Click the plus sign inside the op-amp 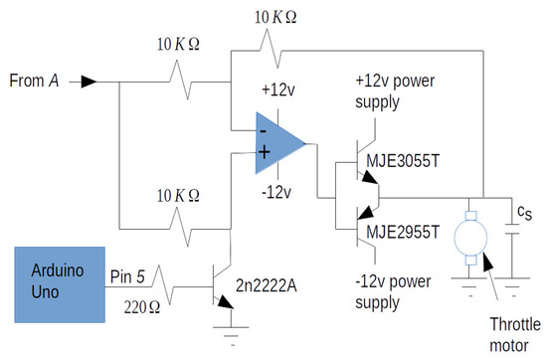click(265, 152)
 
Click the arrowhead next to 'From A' click(89, 80)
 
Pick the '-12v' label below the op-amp click(276, 192)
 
